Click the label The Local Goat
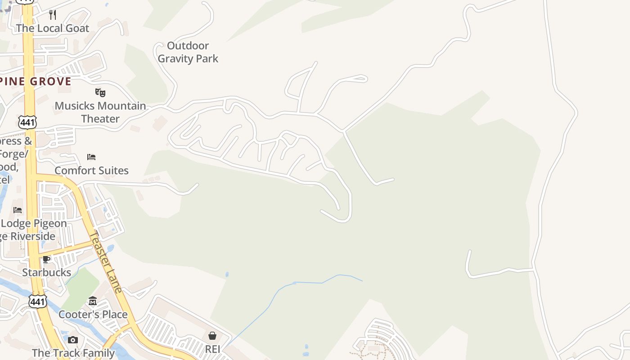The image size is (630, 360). click(53, 28)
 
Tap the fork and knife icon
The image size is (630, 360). click(53, 15)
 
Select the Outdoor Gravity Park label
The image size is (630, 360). click(188, 52)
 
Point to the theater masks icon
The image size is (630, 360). click(100, 93)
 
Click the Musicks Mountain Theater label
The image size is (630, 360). click(100, 112)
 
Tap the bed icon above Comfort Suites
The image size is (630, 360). click(91, 157)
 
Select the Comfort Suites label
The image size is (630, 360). click(91, 171)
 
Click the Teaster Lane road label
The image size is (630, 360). click(105, 262)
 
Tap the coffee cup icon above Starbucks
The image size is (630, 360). click(46, 259)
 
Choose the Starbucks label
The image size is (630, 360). click(46, 272)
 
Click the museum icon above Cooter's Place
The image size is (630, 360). click(93, 301)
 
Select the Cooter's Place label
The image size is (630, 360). click(93, 314)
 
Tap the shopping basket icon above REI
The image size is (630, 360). click(212, 336)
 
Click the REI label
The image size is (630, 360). click(212, 349)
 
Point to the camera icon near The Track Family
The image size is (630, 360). click(73, 340)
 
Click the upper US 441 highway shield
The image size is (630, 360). click(27, 121)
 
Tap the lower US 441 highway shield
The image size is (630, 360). click(37, 301)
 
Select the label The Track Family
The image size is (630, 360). click(73, 353)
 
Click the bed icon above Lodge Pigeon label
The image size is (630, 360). click(18, 210)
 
